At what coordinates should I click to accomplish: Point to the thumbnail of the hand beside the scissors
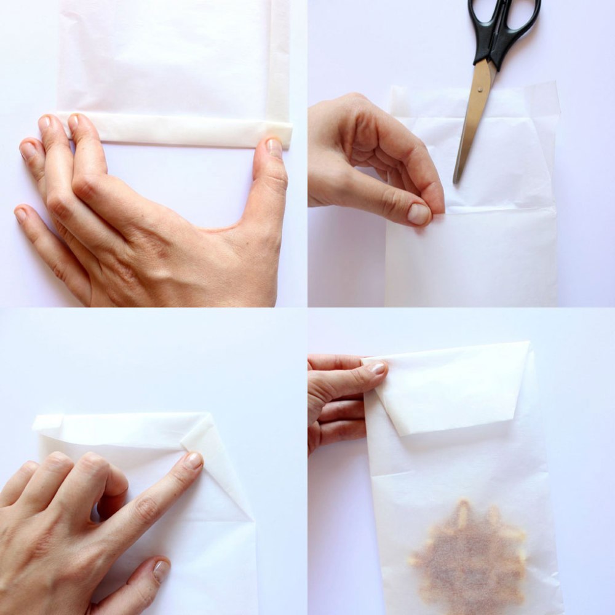pyautogui.click(x=419, y=213)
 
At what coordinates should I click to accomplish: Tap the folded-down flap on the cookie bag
pyautogui.click(x=452, y=387)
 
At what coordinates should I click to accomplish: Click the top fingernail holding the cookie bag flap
pyautogui.click(x=377, y=368)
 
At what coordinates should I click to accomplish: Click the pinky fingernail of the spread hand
pyautogui.click(x=21, y=215)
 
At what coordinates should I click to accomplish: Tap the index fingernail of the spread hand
pyautogui.click(x=74, y=121)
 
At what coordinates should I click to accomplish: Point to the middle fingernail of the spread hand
pyautogui.click(x=44, y=123)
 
